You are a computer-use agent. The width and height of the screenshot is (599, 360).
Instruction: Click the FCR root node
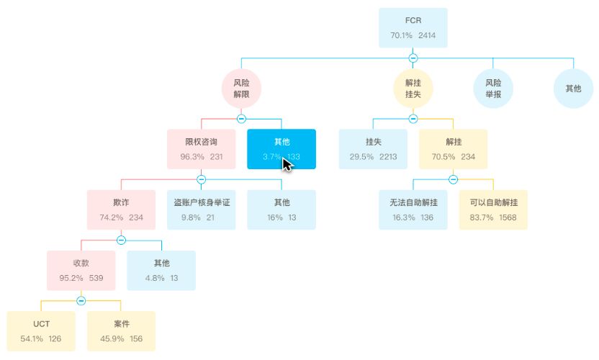click(x=413, y=27)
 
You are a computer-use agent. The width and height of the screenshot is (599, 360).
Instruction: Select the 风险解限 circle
click(x=241, y=89)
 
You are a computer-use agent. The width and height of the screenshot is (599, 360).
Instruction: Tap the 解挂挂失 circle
click(x=413, y=89)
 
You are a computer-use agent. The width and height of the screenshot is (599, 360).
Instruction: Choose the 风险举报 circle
click(x=493, y=89)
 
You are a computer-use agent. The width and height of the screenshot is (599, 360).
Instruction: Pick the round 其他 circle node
click(x=573, y=89)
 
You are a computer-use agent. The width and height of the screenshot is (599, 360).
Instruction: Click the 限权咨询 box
click(x=201, y=149)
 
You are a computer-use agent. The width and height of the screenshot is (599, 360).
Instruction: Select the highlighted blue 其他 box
click(x=282, y=149)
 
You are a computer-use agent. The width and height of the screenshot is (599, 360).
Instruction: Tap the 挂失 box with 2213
click(x=373, y=149)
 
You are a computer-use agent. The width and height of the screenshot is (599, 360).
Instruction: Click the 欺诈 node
click(x=121, y=210)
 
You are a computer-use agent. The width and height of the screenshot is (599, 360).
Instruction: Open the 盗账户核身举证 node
click(x=201, y=210)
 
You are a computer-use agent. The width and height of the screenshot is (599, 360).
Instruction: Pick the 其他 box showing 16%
click(x=282, y=210)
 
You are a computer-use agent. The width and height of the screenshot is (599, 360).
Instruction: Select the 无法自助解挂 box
click(x=413, y=210)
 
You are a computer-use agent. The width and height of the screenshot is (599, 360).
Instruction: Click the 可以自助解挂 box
click(x=493, y=210)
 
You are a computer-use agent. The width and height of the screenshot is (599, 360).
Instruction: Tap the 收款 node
click(x=81, y=270)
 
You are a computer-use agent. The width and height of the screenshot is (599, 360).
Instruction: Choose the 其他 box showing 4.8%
click(x=161, y=270)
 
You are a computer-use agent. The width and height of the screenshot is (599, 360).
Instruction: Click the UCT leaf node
click(x=40, y=330)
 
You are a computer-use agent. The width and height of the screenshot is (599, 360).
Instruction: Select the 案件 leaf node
click(x=121, y=330)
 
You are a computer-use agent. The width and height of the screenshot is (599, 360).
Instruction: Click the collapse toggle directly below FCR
click(x=413, y=58)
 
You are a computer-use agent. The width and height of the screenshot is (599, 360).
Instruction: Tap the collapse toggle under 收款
click(x=81, y=300)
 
